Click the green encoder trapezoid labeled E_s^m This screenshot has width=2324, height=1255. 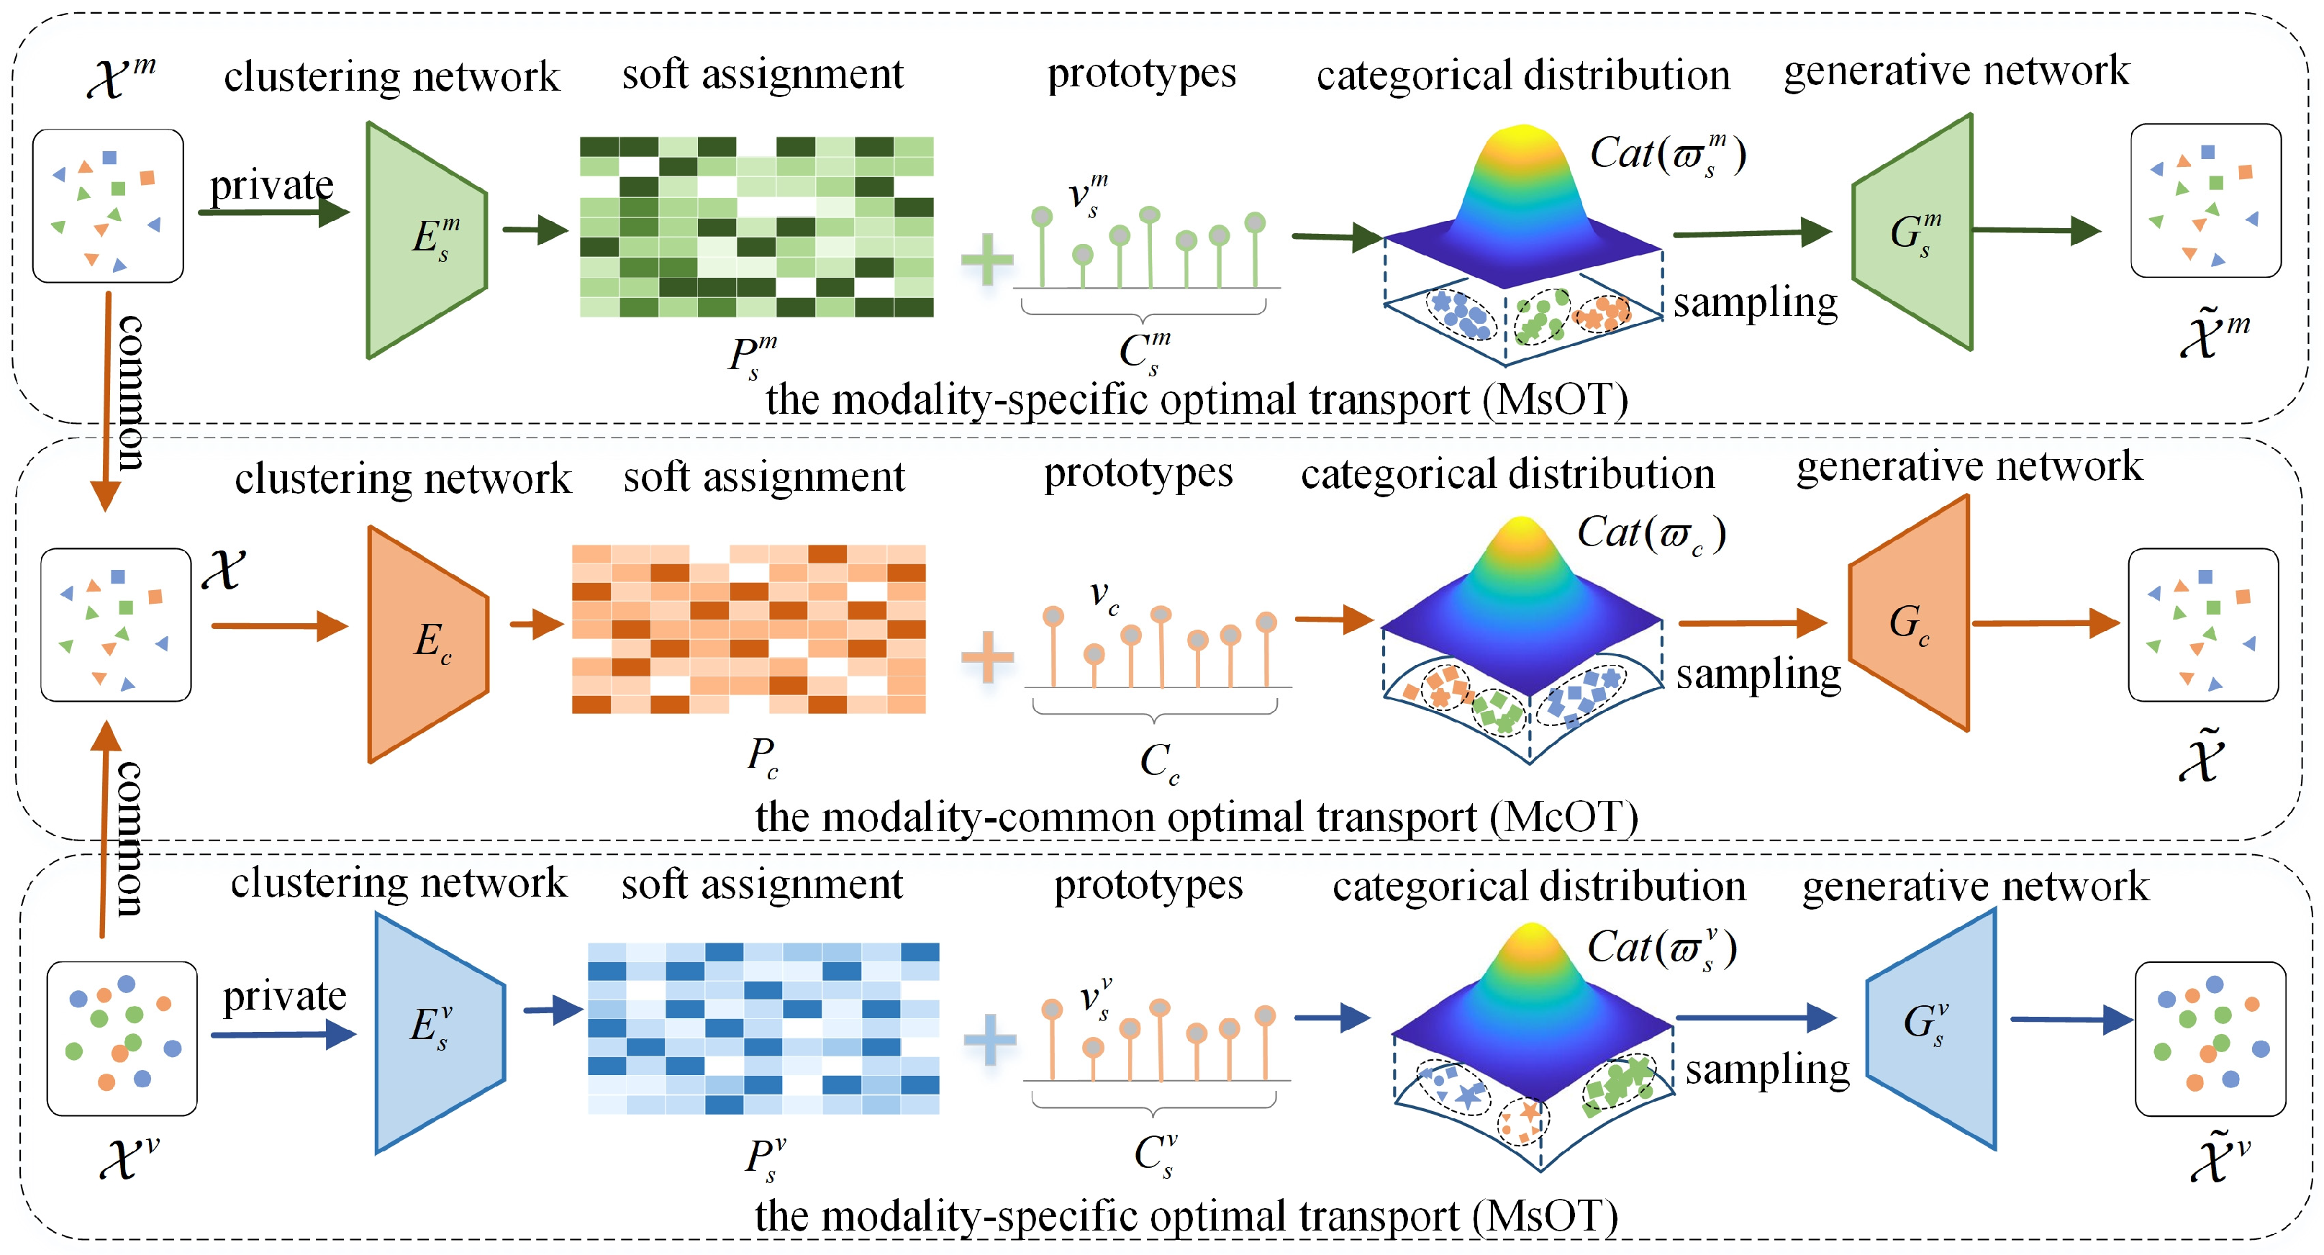point(427,240)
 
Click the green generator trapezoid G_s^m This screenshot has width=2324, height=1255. point(1912,232)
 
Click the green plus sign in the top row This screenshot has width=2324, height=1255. point(987,259)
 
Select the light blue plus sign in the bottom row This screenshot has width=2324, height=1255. point(990,1039)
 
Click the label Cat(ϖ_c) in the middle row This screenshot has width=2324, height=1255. point(1651,534)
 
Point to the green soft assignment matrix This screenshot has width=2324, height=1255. point(756,227)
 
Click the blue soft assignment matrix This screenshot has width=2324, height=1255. point(763,1028)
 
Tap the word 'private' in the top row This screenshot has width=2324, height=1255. point(271,186)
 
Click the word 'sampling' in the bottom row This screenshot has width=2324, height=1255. point(1766,1070)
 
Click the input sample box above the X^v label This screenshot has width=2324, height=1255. point(122,1038)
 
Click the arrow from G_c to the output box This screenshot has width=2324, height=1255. point(2044,622)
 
